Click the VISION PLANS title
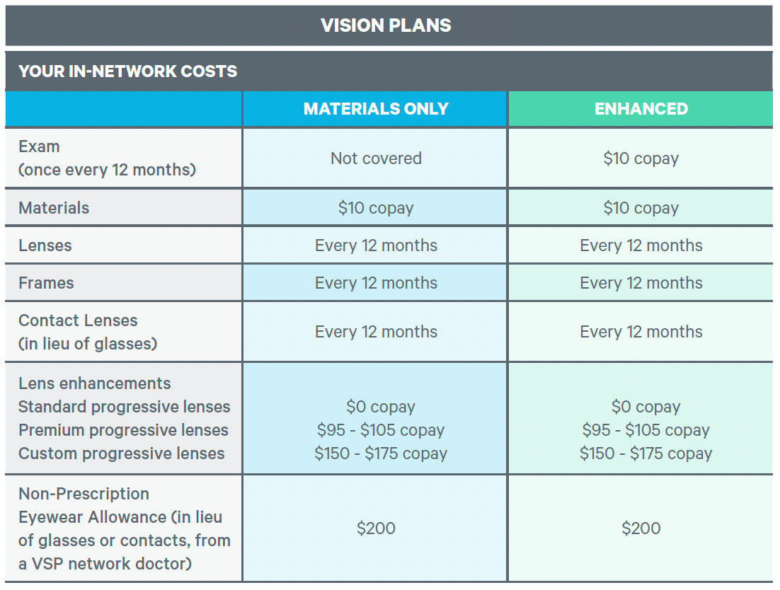[x=386, y=25]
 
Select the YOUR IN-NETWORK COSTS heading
[x=127, y=71]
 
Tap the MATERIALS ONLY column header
[x=376, y=109]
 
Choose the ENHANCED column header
[x=641, y=109]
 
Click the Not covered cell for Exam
[x=376, y=158]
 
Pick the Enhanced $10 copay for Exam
[x=641, y=158]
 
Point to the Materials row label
[x=54, y=208]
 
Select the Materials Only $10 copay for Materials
[x=376, y=208]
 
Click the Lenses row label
[x=45, y=245]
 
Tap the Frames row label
[x=46, y=283]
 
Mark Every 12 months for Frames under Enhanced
[x=641, y=283]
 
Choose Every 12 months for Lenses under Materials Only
[x=376, y=245]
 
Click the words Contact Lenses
[x=78, y=320]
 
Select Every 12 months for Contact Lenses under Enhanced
[x=641, y=332]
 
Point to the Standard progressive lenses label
[x=124, y=407]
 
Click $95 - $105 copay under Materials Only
[x=380, y=430]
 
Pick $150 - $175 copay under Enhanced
[x=646, y=453]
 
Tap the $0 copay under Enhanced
[x=646, y=407]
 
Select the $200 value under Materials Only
[x=376, y=528]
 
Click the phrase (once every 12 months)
[x=107, y=170]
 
